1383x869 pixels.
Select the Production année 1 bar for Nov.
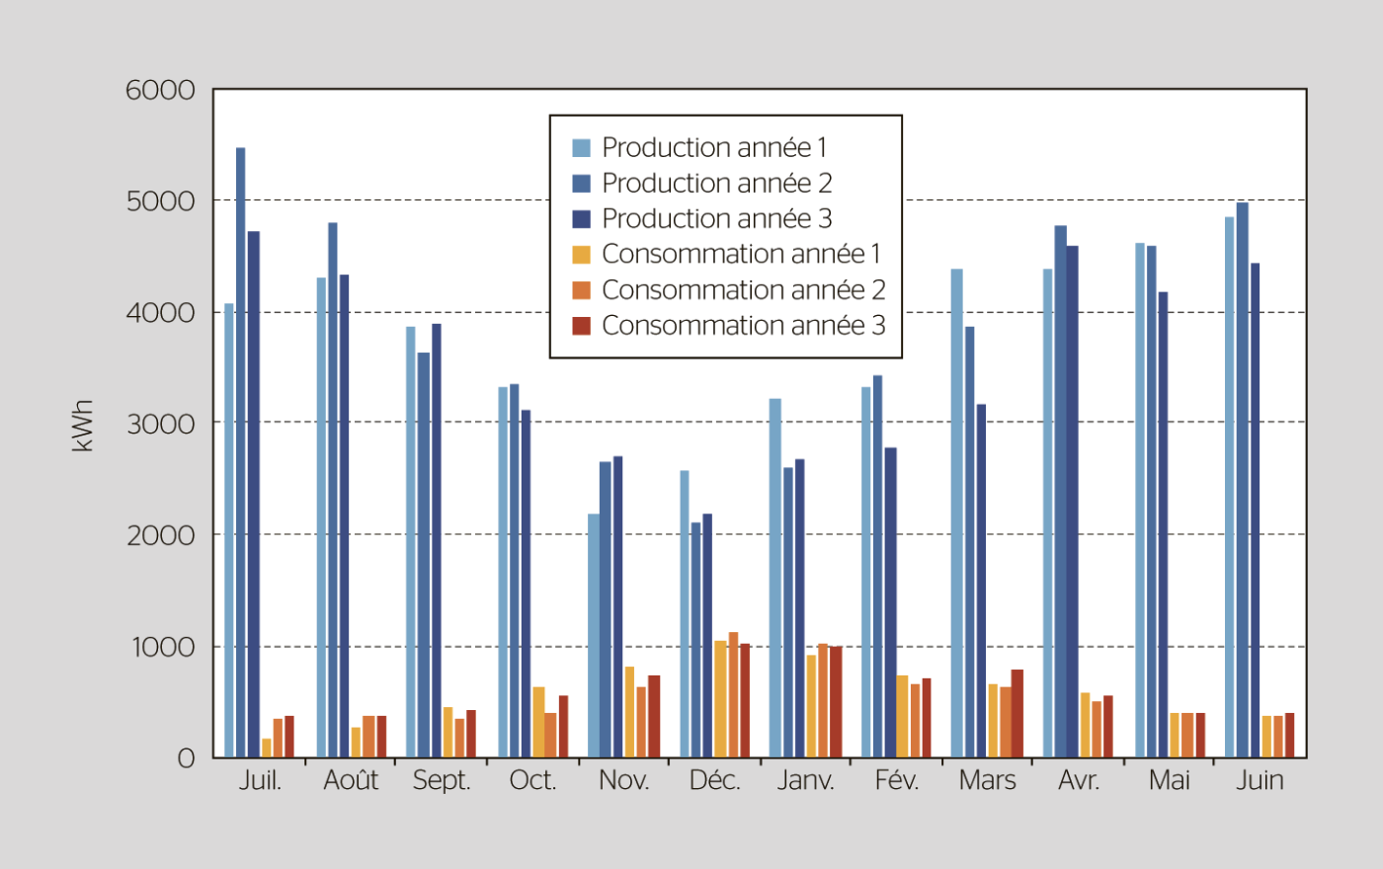(593, 636)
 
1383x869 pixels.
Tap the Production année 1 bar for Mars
(956, 513)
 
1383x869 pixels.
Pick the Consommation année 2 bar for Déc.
(733, 695)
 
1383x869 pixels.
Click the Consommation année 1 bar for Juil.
(266, 749)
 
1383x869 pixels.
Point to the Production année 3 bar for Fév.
(891, 602)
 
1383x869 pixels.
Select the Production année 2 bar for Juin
(1242, 480)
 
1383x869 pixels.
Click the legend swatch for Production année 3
(581, 218)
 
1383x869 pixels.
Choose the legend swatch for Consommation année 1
(581, 254)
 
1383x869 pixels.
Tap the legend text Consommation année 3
(743, 325)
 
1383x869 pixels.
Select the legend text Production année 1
(713, 147)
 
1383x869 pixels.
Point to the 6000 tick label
(160, 90)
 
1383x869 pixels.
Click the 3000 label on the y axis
(160, 424)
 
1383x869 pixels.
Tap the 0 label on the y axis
(186, 758)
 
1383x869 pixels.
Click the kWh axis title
(83, 426)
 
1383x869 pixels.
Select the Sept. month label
(442, 780)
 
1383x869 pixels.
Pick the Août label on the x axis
(351, 780)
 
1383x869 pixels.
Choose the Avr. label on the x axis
(1079, 780)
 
